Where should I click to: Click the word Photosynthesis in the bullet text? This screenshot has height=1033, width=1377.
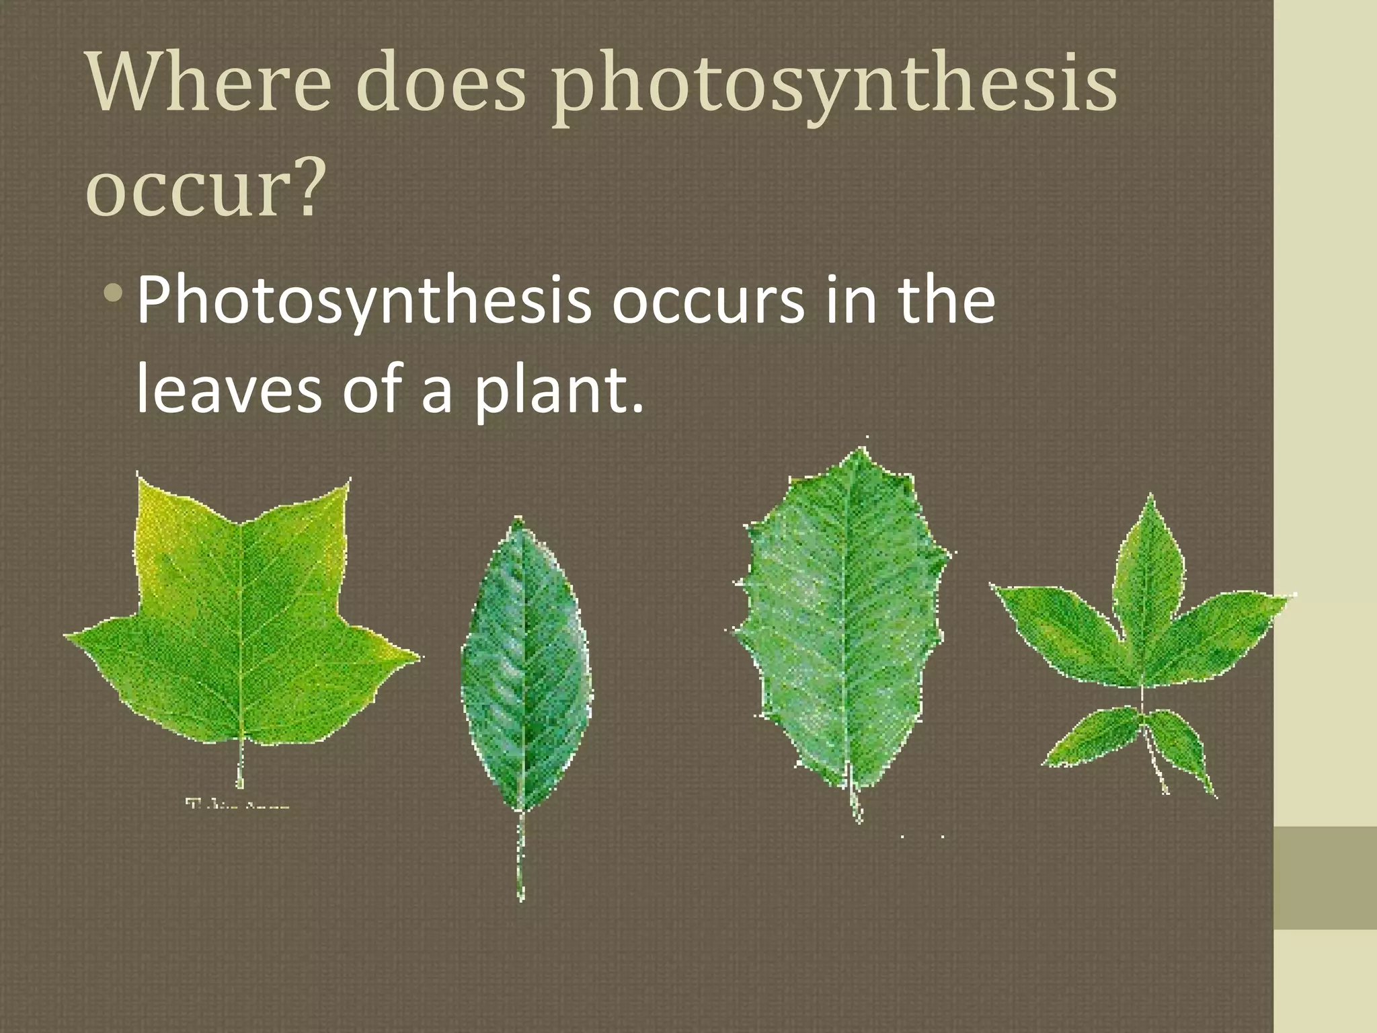363,301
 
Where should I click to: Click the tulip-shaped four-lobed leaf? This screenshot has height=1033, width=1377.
242,625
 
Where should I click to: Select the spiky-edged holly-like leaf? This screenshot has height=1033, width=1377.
840,619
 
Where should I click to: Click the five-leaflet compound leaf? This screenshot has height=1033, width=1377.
1143,639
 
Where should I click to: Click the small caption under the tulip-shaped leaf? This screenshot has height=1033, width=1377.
237,804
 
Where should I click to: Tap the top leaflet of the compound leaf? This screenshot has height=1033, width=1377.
1149,558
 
